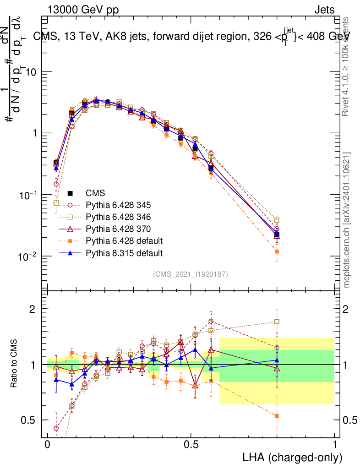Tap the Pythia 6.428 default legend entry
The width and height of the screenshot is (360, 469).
pyautogui.click(x=131, y=240)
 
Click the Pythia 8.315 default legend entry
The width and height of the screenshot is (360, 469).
pyautogui.click(x=131, y=252)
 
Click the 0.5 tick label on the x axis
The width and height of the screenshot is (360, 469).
pyautogui.click(x=191, y=444)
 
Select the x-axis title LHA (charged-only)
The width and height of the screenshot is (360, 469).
pyautogui.click(x=292, y=457)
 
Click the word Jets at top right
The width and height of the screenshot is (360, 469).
pyautogui.click(x=324, y=10)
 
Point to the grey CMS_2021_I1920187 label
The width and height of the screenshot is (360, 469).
pyautogui.click(x=191, y=274)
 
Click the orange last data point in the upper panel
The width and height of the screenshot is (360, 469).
pyautogui.click(x=277, y=251)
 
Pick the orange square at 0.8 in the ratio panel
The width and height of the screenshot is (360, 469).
pyautogui.click(x=277, y=416)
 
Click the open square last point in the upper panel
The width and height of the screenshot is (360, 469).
pyautogui.click(x=277, y=220)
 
